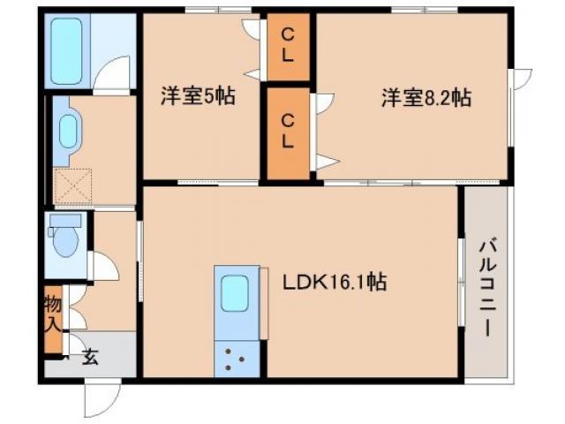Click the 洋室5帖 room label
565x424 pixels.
click(198, 96)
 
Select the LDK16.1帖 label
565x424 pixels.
click(334, 283)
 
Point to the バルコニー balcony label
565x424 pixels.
click(486, 287)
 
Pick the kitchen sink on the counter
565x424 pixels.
click(236, 292)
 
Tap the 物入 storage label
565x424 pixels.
click(53, 314)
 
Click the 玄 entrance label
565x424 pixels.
click(89, 357)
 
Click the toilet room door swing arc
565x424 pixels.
click(102, 265)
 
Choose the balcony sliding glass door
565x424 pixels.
click(460, 283)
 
